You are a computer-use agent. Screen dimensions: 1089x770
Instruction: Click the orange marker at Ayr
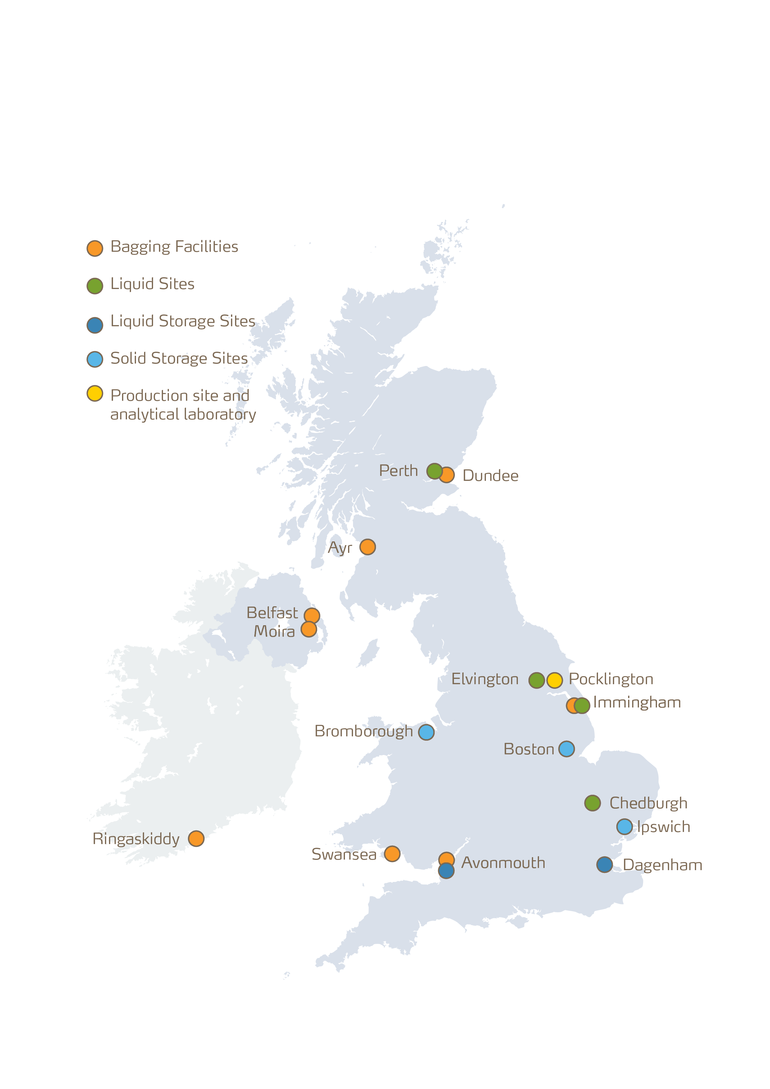point(367,547)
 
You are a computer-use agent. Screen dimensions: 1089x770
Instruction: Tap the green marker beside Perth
point(434,471)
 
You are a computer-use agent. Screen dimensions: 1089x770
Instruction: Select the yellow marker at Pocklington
point(554,680)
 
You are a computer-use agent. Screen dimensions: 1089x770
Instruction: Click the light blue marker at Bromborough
point(426,732)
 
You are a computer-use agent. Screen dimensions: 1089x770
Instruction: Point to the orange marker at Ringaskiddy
point(196,838)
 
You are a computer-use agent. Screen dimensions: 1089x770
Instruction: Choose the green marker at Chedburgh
point(592,803)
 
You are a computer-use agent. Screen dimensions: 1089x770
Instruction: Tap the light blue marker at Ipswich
point(624,827)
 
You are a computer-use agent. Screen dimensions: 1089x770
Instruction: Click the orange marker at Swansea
point(392,854)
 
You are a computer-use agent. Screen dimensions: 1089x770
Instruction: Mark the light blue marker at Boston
point(566,749)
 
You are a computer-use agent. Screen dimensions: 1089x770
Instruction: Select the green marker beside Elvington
point(537,680)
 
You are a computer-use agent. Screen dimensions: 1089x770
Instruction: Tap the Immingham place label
point(637,703)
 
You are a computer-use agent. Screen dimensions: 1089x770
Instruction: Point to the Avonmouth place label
point(503,862)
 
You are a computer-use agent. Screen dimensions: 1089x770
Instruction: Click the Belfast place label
point(272,613)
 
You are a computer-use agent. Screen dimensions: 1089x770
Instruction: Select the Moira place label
point(274,631)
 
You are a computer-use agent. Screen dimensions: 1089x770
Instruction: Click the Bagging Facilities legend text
point(174,246)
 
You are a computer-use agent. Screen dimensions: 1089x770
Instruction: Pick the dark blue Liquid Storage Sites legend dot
point(95,325)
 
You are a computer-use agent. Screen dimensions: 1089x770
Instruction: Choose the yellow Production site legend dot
point(95,393)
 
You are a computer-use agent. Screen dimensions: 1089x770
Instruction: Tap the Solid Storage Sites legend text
point(179,359)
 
